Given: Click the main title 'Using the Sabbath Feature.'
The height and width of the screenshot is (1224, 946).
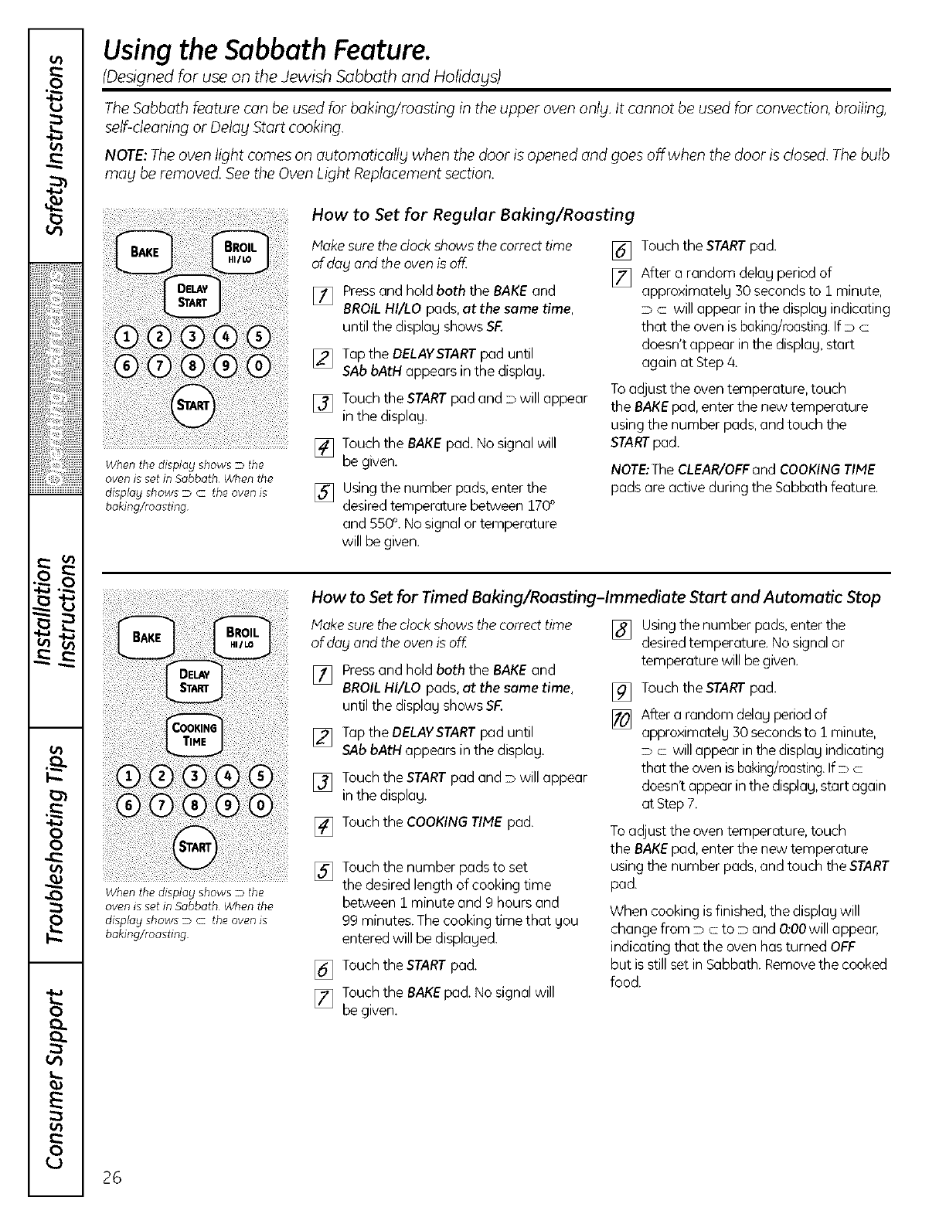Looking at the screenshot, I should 267,51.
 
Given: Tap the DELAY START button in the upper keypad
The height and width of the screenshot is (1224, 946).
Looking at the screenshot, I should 194,296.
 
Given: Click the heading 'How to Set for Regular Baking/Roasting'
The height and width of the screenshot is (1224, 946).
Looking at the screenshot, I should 472,214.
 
